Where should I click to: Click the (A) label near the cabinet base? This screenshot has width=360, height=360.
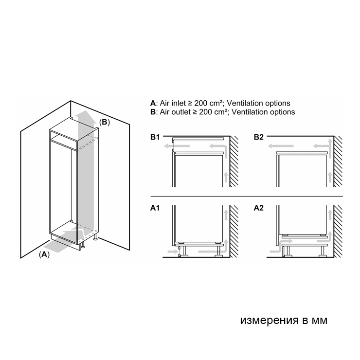44,254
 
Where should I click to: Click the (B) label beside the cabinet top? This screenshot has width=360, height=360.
104,122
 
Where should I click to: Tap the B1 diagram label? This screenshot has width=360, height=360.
155,137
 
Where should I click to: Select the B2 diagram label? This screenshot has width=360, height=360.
258,137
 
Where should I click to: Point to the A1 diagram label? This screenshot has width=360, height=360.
155,208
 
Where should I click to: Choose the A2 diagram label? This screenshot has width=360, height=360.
258,208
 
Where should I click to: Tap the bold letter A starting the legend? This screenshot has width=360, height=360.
153,103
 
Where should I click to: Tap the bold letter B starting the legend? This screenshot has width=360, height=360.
153,112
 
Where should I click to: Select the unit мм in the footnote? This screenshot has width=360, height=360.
319,321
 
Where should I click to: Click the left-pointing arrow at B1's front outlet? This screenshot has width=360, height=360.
177,146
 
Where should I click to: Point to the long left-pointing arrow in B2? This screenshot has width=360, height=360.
281,146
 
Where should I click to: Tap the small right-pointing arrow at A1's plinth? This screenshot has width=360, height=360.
173,252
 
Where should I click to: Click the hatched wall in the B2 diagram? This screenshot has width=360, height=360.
338,162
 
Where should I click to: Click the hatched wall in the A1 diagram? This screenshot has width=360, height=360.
234,231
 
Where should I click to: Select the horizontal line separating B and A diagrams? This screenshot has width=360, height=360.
247,197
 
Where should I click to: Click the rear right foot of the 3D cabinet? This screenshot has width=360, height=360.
95,238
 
